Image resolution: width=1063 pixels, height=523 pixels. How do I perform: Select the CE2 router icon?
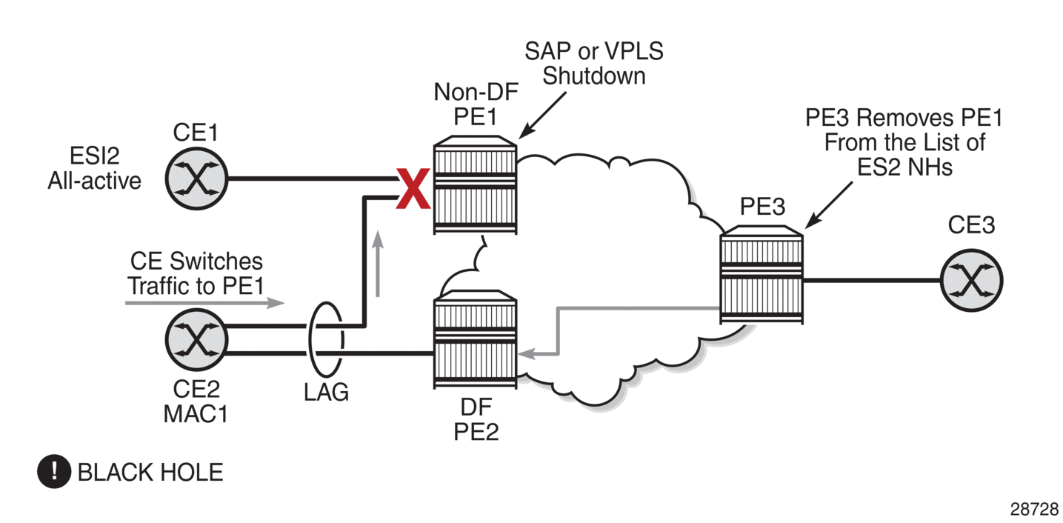[x=196, y=341]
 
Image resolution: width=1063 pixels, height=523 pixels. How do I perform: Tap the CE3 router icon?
[x=972, y=280]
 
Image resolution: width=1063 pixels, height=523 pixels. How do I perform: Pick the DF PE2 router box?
[x=474, y=342]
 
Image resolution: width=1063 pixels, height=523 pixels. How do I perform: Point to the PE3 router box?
[x=762, y=276]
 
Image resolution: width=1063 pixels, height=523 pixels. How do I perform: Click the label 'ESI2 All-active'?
[x=94, y=168]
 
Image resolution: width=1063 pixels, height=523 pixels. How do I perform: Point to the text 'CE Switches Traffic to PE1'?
[x=196, y=273]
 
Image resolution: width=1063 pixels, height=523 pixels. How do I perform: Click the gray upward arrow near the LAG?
[x=379, y=263]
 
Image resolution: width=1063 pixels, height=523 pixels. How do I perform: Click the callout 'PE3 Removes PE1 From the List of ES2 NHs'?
[x=904, y=142]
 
